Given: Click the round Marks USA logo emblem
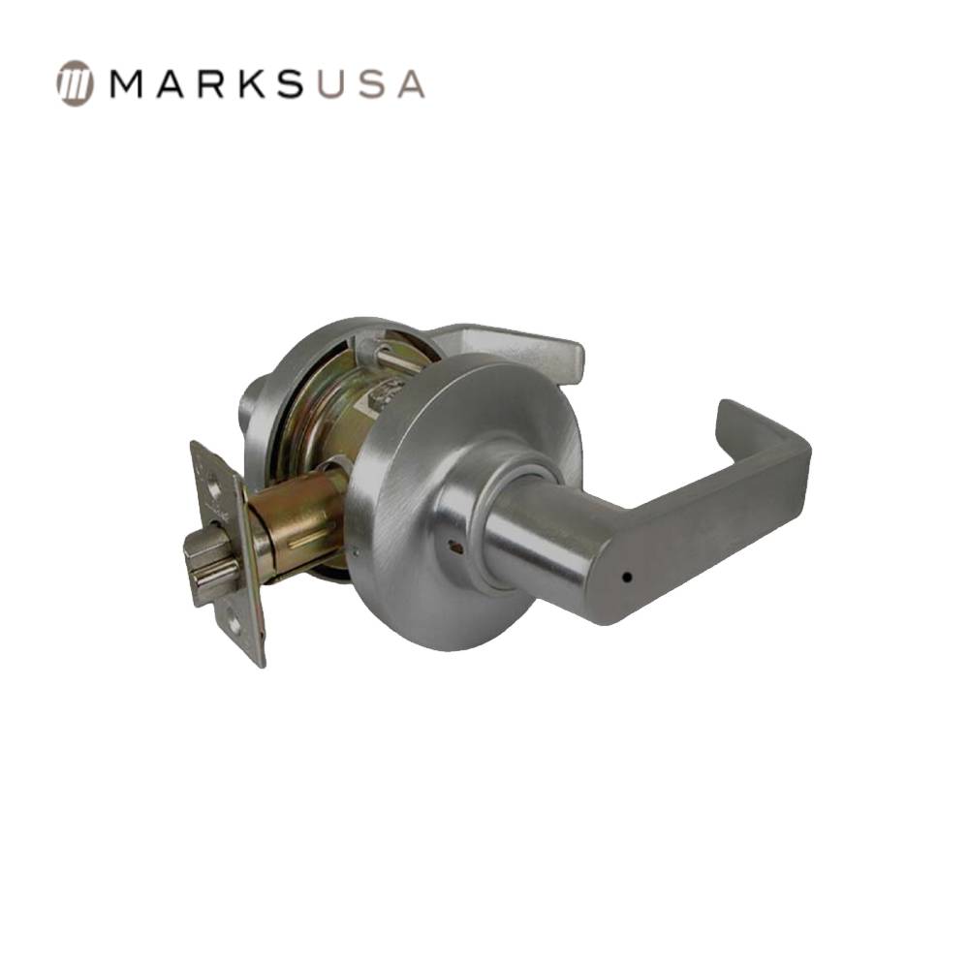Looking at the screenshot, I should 75,83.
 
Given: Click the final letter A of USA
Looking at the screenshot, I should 408,84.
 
